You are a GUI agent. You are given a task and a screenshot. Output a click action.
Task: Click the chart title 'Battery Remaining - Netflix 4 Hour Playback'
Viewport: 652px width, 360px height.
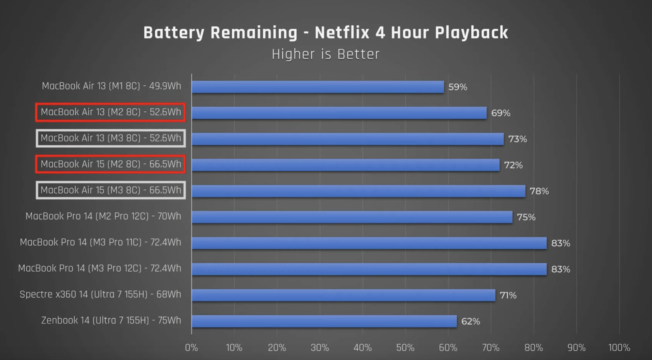326,33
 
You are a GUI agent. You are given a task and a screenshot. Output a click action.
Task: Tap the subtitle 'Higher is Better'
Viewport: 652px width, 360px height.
326,54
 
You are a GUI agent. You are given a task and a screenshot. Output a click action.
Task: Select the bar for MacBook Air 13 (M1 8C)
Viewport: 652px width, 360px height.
318,87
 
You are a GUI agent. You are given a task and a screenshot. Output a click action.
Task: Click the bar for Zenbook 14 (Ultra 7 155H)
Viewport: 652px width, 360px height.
324,321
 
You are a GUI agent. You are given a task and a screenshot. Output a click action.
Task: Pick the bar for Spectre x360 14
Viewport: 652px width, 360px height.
343,295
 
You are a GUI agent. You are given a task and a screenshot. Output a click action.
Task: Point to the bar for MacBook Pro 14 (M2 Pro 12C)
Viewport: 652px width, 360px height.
352,217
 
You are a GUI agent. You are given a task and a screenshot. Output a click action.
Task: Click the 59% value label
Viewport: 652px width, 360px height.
458,87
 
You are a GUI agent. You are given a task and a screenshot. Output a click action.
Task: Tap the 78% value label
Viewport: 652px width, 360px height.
539,191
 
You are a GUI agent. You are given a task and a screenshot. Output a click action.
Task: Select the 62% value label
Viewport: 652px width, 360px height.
470,322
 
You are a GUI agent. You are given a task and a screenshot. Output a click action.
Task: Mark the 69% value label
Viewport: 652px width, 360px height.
501,113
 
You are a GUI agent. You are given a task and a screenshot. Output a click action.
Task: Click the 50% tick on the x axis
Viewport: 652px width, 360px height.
405,348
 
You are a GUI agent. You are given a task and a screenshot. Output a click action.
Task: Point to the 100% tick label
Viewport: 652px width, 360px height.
619,348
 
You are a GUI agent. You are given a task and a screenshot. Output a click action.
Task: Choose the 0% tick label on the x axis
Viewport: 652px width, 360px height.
191,348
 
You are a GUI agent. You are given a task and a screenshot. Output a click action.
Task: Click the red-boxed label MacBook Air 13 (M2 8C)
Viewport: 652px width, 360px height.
111,112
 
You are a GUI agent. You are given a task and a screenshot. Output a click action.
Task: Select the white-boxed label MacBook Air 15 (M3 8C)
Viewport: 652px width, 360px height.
111,190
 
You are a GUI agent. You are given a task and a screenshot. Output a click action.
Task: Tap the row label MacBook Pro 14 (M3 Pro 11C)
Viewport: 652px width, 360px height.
100,242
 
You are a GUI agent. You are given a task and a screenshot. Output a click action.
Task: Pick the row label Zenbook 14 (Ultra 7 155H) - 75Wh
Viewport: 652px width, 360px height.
111,321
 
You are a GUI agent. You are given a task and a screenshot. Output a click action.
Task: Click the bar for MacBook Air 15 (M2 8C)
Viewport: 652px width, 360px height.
346,165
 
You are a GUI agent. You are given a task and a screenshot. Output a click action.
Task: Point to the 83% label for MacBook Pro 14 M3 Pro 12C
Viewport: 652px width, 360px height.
560,269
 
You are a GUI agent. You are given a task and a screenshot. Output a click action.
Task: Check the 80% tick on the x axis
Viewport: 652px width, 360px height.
534,348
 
